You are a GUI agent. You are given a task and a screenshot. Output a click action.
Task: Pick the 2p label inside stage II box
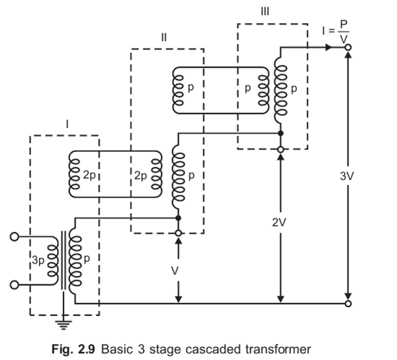pos(140,175)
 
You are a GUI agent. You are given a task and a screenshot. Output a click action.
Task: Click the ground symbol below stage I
pos(66,323)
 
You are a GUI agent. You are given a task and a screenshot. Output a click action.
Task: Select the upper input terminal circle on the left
pos(14,235)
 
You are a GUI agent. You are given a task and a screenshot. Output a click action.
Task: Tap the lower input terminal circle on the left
pos(14,286)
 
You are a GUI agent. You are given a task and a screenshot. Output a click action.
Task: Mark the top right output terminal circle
pos(348,48)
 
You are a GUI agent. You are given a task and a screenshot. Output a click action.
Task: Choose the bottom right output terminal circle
pos(348,304)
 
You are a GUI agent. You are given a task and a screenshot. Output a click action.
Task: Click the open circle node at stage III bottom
pos(280,149)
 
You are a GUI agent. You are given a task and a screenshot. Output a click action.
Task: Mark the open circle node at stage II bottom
pos(178,233)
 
